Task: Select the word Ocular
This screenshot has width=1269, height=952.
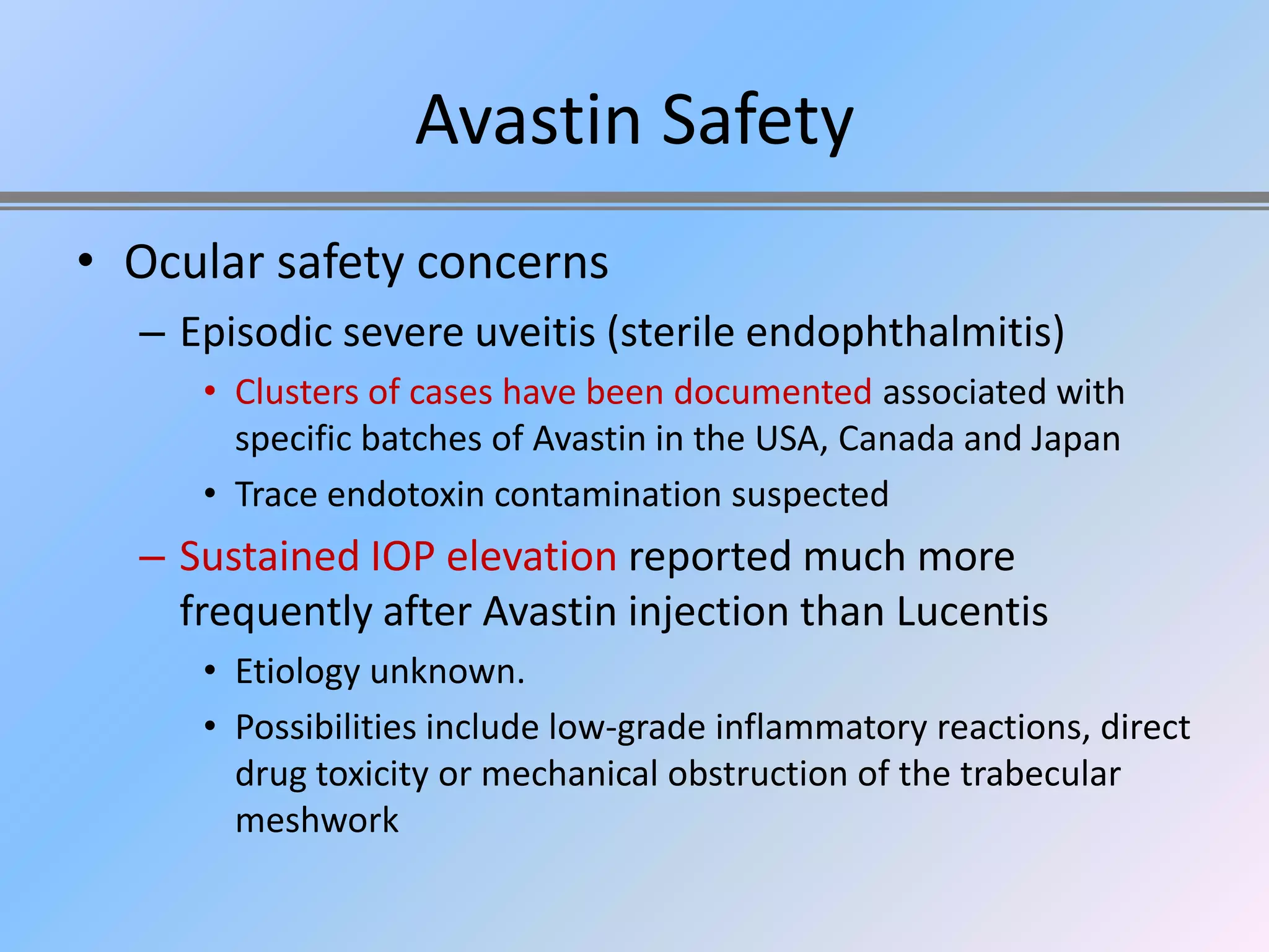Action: coord(195,263)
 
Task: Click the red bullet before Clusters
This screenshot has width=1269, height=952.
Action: coord(210,392)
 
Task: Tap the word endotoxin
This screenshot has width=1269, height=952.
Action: coord(405,495)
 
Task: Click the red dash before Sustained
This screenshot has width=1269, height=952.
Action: coord(152,557)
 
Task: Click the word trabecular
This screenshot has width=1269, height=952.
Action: coord(1040,774)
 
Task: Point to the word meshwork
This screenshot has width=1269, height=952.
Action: coord(317,821)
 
